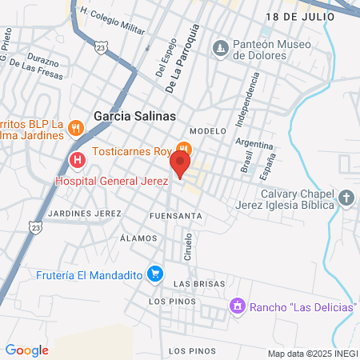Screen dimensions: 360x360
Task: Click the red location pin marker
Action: tap(180, 165)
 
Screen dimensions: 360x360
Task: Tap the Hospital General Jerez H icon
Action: tap(78, 160)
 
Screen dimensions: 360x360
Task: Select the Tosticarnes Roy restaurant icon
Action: tap(184, 149)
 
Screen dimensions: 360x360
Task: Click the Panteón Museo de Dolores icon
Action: tap(220, 49)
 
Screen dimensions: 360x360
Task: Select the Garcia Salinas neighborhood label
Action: tap(134, 116)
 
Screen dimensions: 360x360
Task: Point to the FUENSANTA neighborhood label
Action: tap(175, 216)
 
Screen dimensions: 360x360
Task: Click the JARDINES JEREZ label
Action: tap(84, 214)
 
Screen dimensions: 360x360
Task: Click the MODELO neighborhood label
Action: tap(204, 130)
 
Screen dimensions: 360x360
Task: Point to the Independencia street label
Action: tap(247, 100)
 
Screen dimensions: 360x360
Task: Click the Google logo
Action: tap(26, 350)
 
